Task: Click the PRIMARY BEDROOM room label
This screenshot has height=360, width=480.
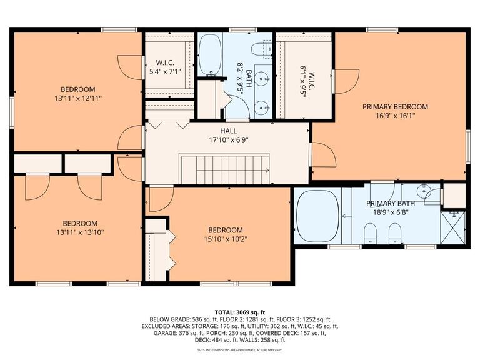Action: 395,107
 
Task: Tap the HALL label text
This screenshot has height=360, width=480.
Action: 227,131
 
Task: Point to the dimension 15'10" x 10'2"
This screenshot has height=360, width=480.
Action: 226,239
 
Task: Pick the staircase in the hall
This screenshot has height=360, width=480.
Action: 226,169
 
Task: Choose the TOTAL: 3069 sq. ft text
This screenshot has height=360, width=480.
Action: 239,311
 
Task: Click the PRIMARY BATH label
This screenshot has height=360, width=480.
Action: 391,204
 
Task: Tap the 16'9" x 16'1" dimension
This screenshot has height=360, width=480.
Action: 395,116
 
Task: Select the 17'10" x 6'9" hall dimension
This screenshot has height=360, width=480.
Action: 227,139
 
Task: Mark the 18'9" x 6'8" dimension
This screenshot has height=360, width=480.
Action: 391,212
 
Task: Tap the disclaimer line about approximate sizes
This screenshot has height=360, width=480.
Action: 239,350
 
